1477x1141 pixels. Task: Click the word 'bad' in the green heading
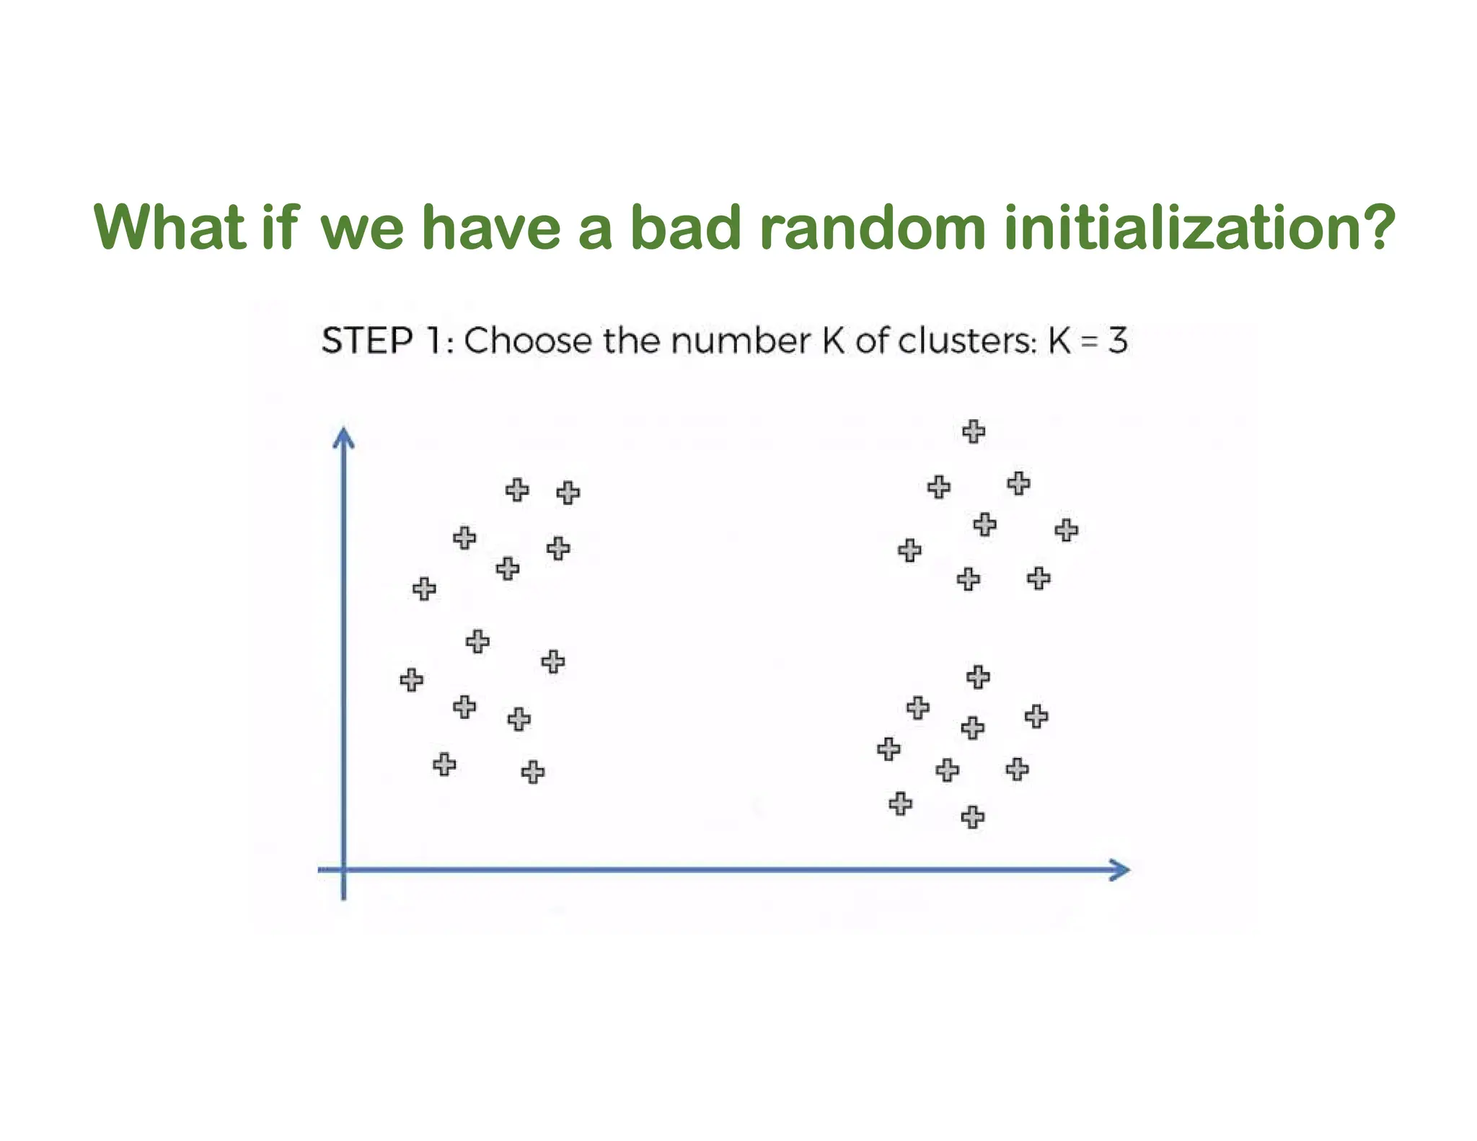685,227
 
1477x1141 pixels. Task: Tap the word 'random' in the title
873,227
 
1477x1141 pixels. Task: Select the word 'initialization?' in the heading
1199,227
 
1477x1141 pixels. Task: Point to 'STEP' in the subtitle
367,340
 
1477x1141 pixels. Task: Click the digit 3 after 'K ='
1117,340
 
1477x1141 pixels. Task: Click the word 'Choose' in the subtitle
528,340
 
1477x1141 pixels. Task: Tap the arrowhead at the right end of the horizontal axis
1120,870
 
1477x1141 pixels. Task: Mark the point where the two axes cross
343,870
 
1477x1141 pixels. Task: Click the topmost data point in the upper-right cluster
974,431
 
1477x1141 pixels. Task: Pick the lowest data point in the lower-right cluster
972,817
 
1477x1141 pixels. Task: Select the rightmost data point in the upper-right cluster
1066,531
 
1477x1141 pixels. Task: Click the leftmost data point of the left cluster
411,679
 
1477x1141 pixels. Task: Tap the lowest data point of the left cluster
532,772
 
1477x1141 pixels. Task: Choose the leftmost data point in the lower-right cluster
889,749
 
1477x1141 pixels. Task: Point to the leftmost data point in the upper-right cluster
909,550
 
